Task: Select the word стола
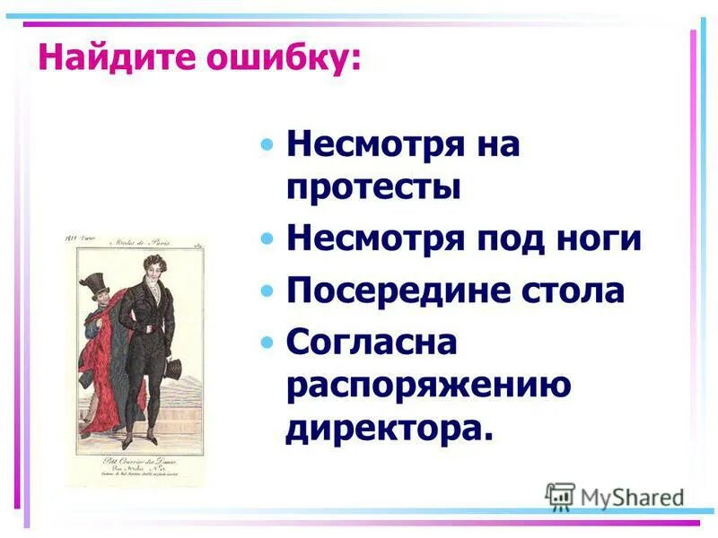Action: pos(574,291)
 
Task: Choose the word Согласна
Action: pos(372,343)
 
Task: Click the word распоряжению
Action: pos(428,386)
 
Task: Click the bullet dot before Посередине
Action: pos(266,292)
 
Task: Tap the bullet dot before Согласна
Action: pos(266,343)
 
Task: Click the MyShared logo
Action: pos(615,496)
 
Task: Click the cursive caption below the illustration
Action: pos(135,471)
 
